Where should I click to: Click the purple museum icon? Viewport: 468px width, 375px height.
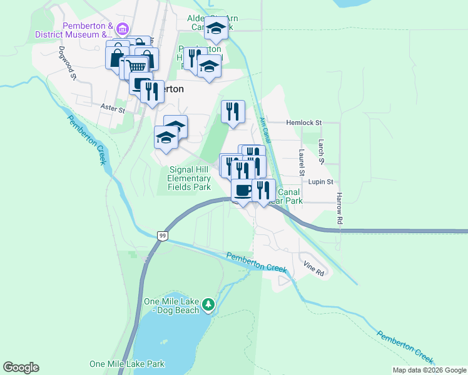[x=122, y=29]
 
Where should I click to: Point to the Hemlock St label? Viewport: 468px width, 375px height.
[x=303, y=124]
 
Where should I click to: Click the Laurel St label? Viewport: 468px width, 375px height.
[x=301, y=162]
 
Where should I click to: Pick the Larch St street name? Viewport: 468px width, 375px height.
[x=321, y=152]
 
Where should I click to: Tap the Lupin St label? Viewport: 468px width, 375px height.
[x=322, y=181]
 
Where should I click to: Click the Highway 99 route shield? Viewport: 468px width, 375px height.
[x=162, y=236]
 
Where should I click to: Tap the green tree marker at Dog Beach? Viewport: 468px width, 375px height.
[x=209, y=305]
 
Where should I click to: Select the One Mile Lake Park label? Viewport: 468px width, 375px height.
[x=126, y=364]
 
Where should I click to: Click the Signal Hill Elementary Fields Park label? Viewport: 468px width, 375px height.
[x=189, y=178]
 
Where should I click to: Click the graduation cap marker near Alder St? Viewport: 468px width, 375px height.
[x=216, y=27]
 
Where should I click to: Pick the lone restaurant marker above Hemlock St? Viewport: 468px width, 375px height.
[x=233, y=112]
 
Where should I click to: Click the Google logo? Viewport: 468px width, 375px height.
[x=21, y=367]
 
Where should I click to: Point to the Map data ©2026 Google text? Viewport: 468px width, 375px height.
[x=429, y=370]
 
